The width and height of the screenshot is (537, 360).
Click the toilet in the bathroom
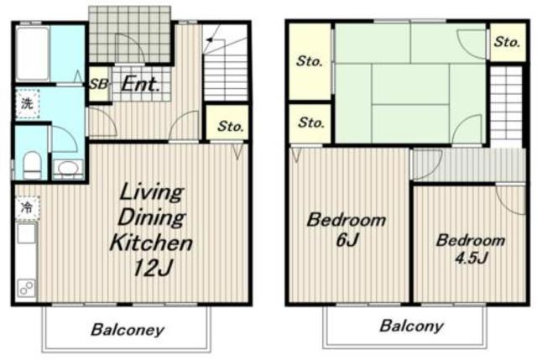tap(33, 164)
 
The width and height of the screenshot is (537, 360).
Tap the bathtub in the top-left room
tap(33, 54)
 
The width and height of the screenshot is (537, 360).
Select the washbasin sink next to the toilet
tap(68, 169)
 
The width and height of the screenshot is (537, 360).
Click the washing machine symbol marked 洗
tap(28, 103)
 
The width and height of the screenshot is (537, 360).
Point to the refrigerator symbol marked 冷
tap(28, 207)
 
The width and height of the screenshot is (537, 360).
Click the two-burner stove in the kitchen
tap(27, 287)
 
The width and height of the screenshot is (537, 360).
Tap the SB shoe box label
tap(99, 84)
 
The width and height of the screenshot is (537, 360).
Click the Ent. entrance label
tap(141, 84)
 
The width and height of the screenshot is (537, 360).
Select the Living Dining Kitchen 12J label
tap(151, 229)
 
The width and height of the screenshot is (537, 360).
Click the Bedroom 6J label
tap(347, 229)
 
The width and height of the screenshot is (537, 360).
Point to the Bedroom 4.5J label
tap(471, 248)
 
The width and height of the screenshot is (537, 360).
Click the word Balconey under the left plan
tap(128, 330)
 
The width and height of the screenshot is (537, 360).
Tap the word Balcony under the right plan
tap(412, 326)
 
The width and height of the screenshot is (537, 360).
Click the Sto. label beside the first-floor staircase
tap(231, 127)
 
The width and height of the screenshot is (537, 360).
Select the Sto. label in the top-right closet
tap(507, 42)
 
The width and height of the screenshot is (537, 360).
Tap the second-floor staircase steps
tap(506, 107)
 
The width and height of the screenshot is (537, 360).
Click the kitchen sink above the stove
tap(26, 233)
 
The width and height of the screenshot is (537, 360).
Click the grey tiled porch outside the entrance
tap(129, 34)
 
